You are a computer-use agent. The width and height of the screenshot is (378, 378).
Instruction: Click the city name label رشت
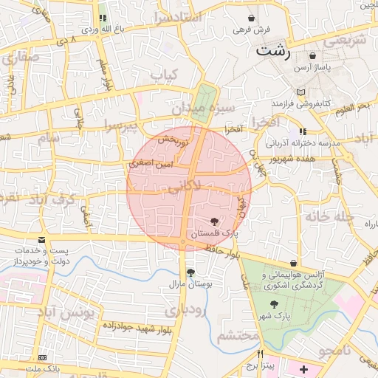coord(273,52)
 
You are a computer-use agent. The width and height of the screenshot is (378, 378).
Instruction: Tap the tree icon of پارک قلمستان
coord(214,221)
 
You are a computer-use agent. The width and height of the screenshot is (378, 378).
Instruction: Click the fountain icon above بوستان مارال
coord(191,272)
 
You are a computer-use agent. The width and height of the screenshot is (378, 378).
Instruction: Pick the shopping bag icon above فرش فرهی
coord(253,18)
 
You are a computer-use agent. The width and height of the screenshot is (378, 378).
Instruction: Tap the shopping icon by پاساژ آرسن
coord(313,55)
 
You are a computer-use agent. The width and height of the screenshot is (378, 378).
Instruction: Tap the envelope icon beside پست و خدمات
coord(42,239)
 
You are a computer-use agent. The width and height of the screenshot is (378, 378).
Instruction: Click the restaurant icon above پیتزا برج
coord(260,354)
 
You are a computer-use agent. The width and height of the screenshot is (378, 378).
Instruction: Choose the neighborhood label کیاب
coord(164,75)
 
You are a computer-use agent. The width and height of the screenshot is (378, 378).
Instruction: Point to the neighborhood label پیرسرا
coord(121,126)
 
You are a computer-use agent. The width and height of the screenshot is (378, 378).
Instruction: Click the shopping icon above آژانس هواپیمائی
coord(295,263)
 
